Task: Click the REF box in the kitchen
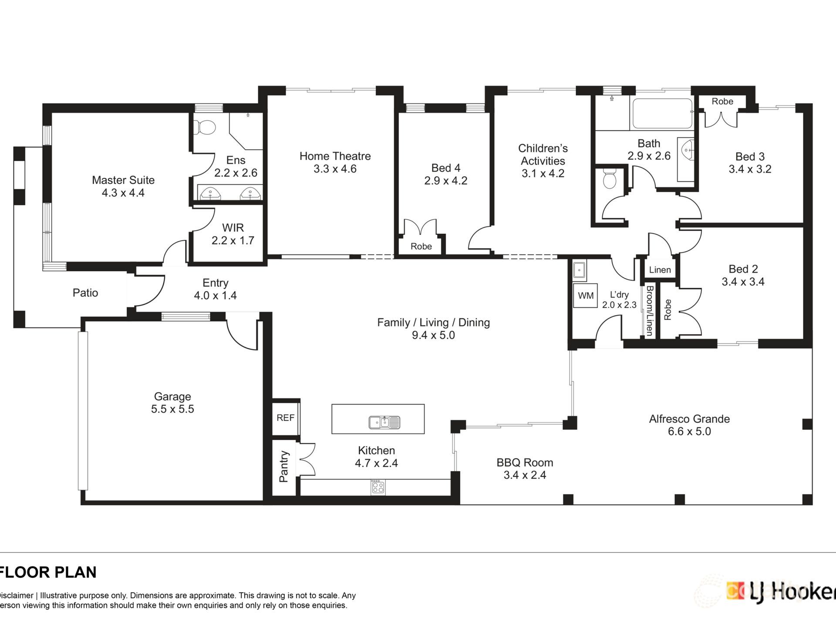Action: pos(286,418)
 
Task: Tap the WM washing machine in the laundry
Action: pos(585,296)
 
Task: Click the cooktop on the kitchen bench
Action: pos(378,487)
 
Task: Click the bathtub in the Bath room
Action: pos(662,114)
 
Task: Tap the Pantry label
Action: pos(283,466)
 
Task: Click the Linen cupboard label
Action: pos(660,270)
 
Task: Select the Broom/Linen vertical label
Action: pos(649,310)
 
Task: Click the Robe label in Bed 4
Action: pos(421,246)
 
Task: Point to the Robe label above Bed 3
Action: pos(722,101)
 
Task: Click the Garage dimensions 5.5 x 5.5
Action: pos(172,409)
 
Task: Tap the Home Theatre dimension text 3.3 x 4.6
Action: pos(335,169)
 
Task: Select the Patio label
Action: pos(85,293)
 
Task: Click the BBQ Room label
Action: pos(525,462)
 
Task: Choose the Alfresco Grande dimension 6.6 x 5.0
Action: pos(689,431)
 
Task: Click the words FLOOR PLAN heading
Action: pos(48,572)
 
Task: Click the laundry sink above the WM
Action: pos(579,270)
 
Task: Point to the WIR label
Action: pos(233,228)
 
